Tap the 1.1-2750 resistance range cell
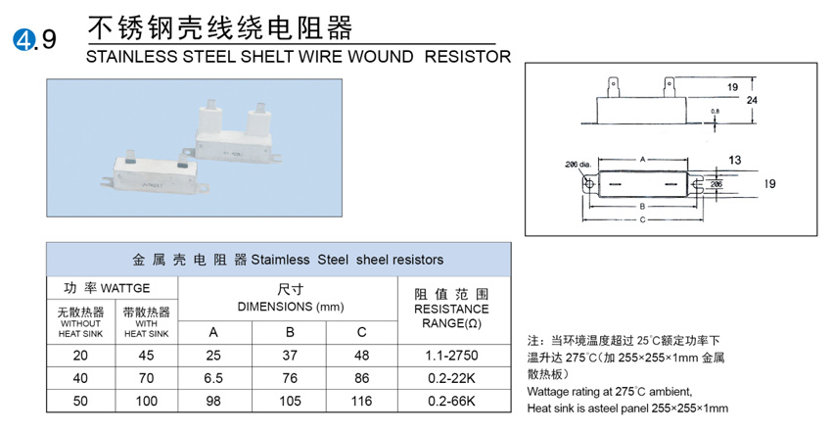click(450, 356)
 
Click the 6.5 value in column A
click(213, 379)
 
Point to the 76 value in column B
click(289, 379)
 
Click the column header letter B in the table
click(289, 331)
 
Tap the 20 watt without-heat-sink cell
click(81, 356)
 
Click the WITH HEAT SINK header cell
click(147, 322)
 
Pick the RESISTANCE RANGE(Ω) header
click(450, 309)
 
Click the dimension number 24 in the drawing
click(751, 101)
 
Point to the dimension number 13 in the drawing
click(735, 159)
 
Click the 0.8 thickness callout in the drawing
click(716, 112)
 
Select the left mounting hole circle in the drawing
click(588, 183)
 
